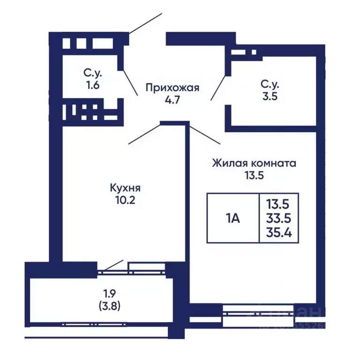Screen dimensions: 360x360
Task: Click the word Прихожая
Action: tap(172, 88)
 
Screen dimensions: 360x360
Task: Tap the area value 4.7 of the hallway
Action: tap(172, 99)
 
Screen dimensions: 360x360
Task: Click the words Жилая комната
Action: tap(254, 164)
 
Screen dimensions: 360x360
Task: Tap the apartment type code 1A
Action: tap(233, 218)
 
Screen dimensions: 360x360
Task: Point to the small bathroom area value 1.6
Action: tap(93, 86)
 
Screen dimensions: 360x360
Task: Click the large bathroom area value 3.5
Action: tap(270, 97)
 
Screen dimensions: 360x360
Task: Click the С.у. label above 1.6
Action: tap(93, 74)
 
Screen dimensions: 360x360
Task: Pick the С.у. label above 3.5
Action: tap(270, 85)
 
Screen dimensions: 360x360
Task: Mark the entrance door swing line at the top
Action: tap(145, 23)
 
